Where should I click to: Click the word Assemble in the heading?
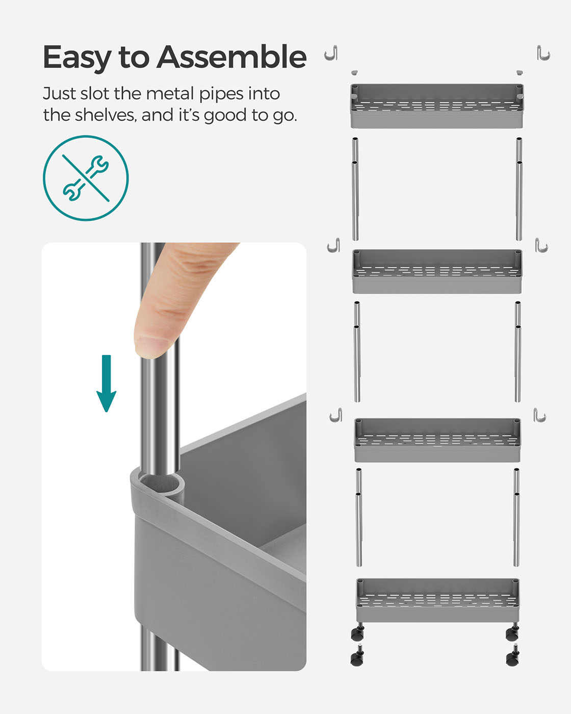pyautogui.click(x=231, y=57)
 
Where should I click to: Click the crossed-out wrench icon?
pyautogui.click(x=86, y=178)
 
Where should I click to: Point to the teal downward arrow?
pyautogui.click(x=106, y=383)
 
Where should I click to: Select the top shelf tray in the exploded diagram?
pyautogui.click(x=437, y=106)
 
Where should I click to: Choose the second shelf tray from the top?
pyautogui.click(x=437, y=271)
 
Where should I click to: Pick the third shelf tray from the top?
pyautogui.click(x=437, y=440)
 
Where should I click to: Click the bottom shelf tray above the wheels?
pyautogui.click(x=437, y=600)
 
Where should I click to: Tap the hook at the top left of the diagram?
pyautogui.click(x=331, y=53)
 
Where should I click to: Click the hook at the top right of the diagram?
pyautogui.click(x=543, y=53)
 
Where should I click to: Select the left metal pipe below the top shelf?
pyautogui.click(x=355, y=189)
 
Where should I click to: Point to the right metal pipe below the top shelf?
pyautogui.click(x=519, y=189)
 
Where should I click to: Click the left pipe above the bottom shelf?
pyautogui.click(x=358, y=518)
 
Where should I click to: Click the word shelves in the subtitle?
pyautogui.click(x=106, y=115)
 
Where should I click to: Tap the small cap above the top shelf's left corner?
pyautogui.click(x=355, y=72)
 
